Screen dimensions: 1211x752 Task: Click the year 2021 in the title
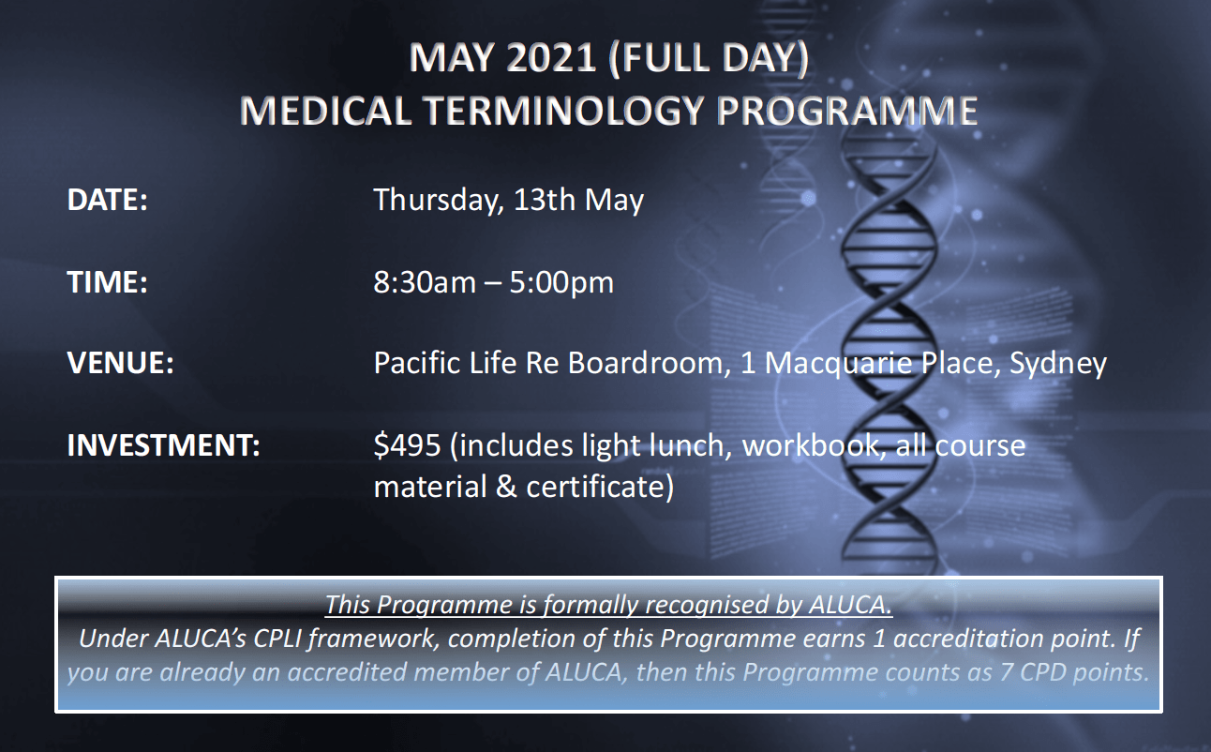[551, 58]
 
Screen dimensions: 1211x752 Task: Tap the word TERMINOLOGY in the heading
[564, 112]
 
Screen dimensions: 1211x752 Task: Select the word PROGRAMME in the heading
[847, 112]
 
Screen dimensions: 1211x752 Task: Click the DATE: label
[107, 200]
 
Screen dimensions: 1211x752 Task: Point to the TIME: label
[107, 282]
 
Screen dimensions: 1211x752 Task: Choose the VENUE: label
[121, 363]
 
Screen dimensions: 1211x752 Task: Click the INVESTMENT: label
[163, 445]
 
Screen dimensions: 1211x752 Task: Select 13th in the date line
[545, 199]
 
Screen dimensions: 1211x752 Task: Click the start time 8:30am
[425, 282]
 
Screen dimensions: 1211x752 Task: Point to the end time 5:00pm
[561, 283]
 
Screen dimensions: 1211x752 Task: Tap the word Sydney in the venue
[1058, 364]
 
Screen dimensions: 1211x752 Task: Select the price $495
[407, 445]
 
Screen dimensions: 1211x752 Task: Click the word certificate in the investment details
[600, 487]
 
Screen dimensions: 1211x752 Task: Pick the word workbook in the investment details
[815, 445]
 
